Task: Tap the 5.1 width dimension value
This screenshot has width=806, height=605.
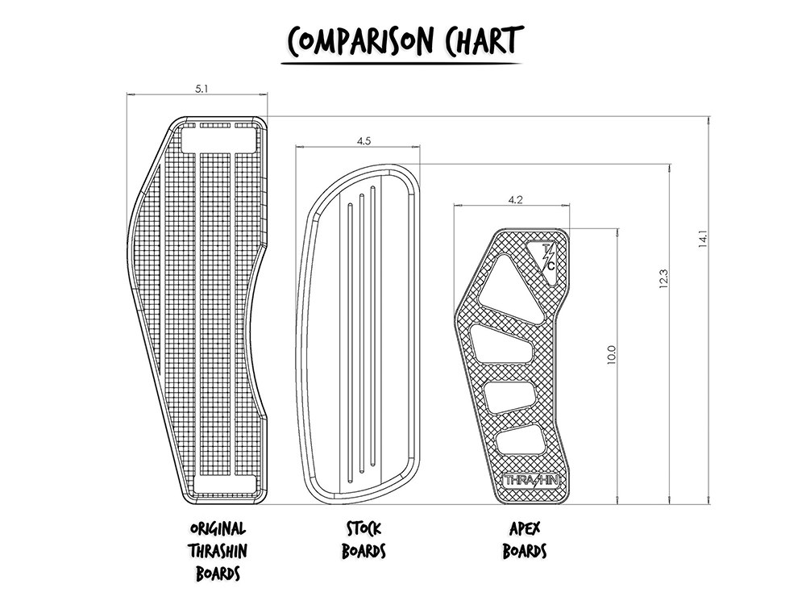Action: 201,90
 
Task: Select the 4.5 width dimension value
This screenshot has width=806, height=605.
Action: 364,141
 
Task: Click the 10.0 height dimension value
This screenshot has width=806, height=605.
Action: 611,355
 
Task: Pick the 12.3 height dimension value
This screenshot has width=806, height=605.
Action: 664,279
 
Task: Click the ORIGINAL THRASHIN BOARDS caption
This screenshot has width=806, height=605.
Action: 218,552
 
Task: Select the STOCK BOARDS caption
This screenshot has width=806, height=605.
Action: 364,540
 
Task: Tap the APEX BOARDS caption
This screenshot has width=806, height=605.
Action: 525,540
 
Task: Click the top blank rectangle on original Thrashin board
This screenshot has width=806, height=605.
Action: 218,139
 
